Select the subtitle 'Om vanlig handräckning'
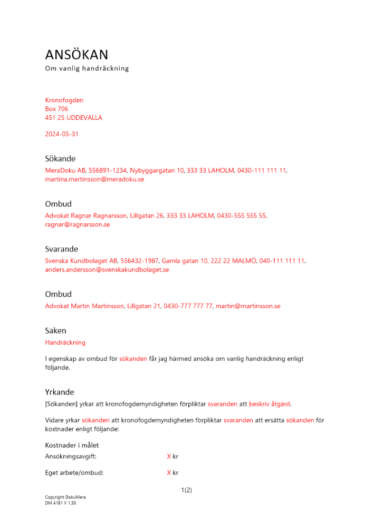click(87, 69)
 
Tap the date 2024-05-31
click(62, 134)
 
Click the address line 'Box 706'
click(56, 109)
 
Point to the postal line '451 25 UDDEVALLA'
click(73, 118)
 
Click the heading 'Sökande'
click(60, 159)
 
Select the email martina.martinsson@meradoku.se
click(94, 180)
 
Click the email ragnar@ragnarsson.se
click(77, 224)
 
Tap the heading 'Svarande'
click(61, 249)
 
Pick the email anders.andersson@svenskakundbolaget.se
click(107, 270)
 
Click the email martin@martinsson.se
click(248, 306)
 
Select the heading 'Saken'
click(55, 331)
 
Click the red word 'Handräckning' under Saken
click(65, 343)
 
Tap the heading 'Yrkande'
click(60, 392)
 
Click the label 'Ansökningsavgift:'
click(71, 456)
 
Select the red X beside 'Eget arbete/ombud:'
click(169, 473)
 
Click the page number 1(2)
click(186, 490)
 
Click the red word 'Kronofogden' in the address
click(64, 100)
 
